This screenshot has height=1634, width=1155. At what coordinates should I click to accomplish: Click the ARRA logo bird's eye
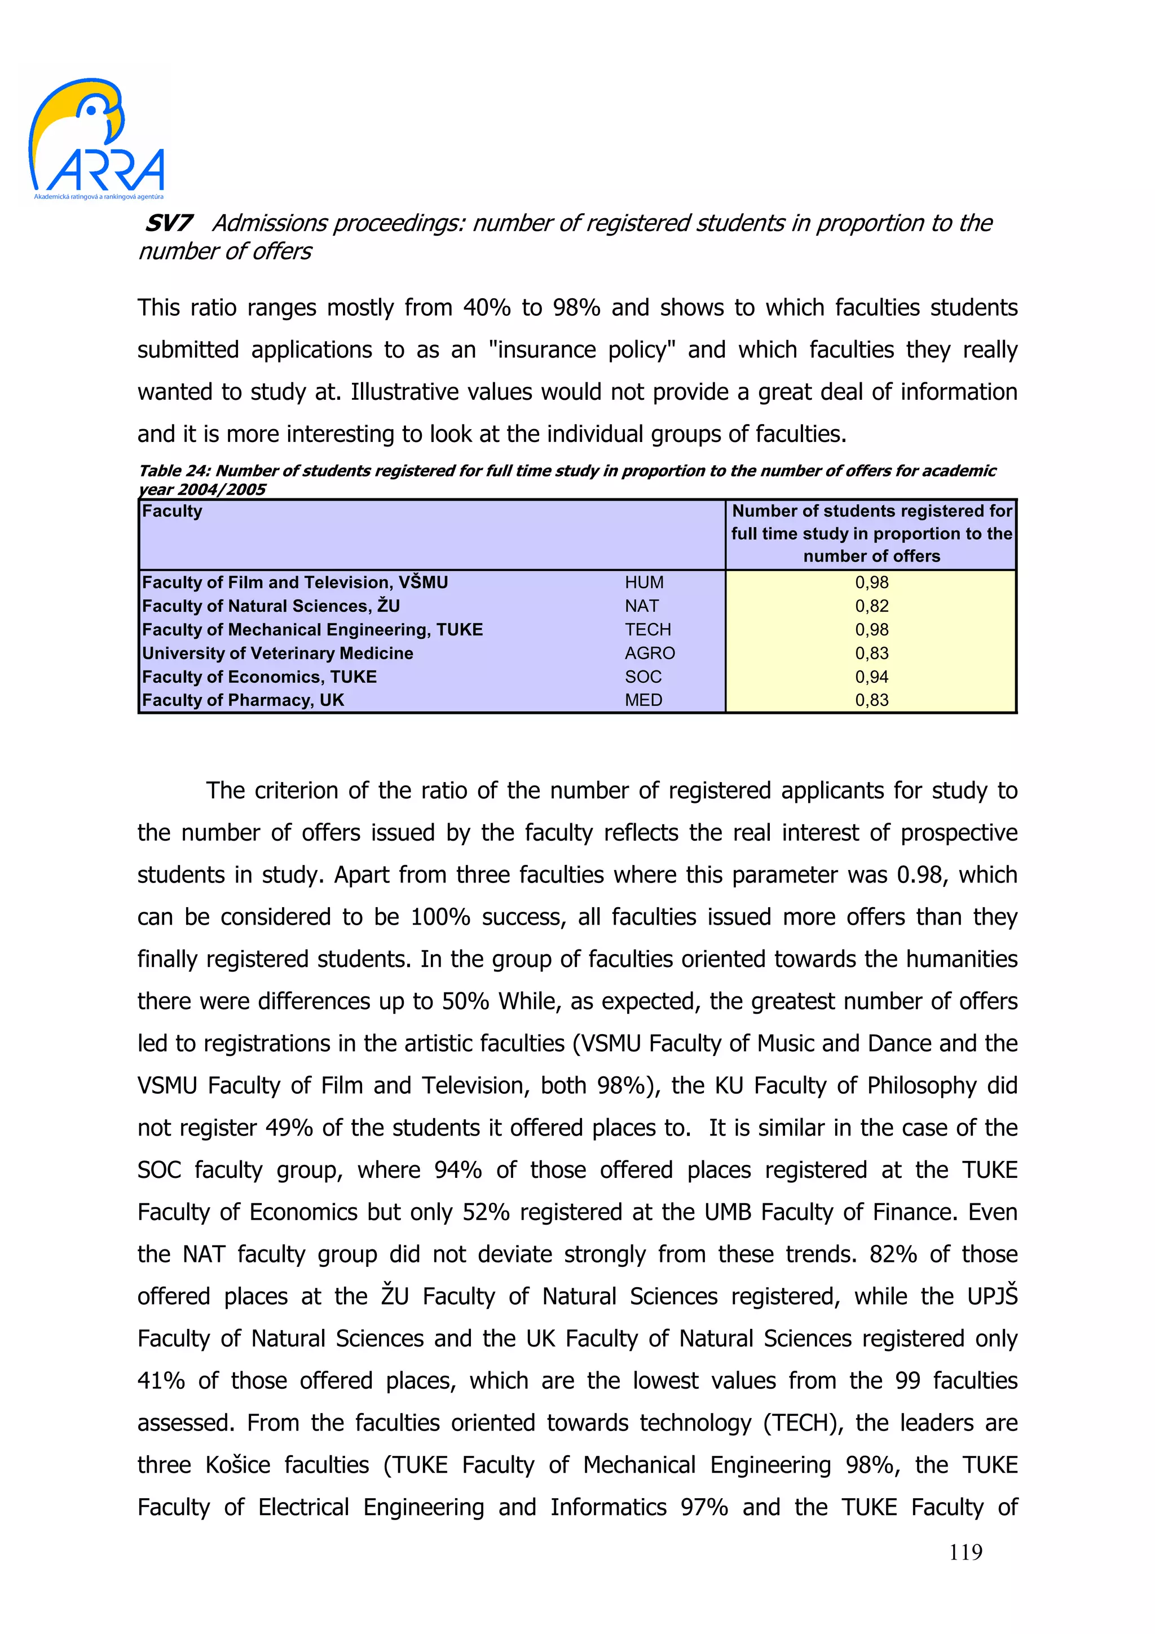92,109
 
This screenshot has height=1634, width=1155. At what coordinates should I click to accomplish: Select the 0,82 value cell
871,606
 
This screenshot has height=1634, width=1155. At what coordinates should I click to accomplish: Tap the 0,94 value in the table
871,677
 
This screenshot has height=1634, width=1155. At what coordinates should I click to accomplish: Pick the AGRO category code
649,653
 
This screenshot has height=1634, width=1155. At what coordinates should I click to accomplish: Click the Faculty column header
172,511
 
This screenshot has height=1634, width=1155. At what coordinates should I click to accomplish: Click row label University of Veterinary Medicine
277,653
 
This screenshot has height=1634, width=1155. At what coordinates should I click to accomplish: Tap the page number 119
965,1552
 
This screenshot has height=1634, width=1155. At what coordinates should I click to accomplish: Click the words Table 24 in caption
174,471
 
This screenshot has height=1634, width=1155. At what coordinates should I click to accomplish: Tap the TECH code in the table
647,630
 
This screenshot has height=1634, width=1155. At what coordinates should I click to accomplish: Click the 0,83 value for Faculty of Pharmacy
871,700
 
